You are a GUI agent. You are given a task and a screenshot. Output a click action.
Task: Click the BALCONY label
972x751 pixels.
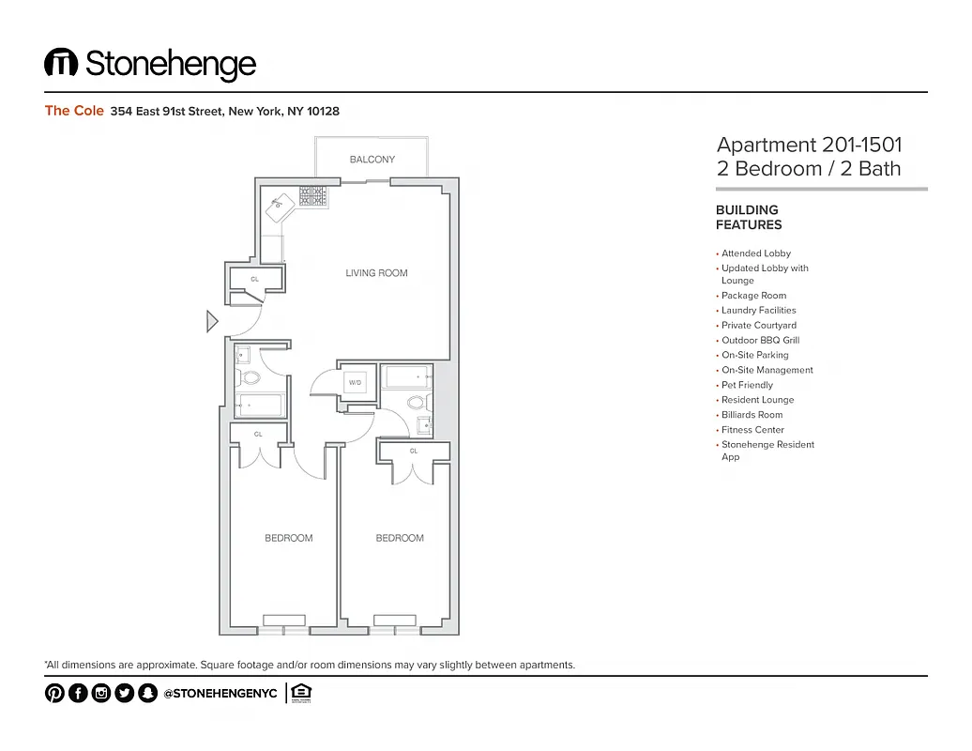click(372, 160)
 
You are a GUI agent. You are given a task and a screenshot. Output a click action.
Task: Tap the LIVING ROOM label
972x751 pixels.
click(376, 273)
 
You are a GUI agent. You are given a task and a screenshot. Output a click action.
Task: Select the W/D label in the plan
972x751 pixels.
click(356, 383)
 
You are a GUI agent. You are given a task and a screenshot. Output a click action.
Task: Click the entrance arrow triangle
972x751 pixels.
click(212, 322)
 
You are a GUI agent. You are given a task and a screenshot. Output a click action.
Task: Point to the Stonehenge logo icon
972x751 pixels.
click(60, 63)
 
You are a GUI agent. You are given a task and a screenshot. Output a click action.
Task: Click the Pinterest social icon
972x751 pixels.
click(54, 693)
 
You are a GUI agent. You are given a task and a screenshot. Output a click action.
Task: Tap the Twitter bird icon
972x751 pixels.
click(124, 693)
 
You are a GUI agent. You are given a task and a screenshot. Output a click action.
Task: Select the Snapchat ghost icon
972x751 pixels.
click(147, 693)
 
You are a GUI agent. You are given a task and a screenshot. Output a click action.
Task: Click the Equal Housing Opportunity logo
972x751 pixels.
click(300, 693)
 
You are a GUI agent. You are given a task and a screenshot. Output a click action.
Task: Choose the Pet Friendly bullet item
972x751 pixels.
click(747, 385)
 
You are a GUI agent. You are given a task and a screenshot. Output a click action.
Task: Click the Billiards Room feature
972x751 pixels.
click(752, 415)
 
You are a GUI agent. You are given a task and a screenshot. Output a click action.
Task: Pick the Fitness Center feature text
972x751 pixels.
click(752, 430)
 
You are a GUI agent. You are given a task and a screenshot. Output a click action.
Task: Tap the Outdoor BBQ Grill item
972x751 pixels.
click(760, 340)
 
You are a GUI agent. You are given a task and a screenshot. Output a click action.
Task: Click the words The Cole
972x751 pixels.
click(74, 111)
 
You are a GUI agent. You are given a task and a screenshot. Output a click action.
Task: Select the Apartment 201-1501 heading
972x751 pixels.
click(809, 146)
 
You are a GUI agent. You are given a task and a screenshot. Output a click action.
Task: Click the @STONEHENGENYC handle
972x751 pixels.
click(220, 693)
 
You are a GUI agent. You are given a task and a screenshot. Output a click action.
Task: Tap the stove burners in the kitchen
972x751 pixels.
click(312, 195)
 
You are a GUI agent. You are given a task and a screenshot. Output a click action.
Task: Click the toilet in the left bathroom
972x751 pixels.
click(250, 378)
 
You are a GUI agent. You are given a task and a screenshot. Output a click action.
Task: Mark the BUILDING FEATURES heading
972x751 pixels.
click(748, 218)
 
